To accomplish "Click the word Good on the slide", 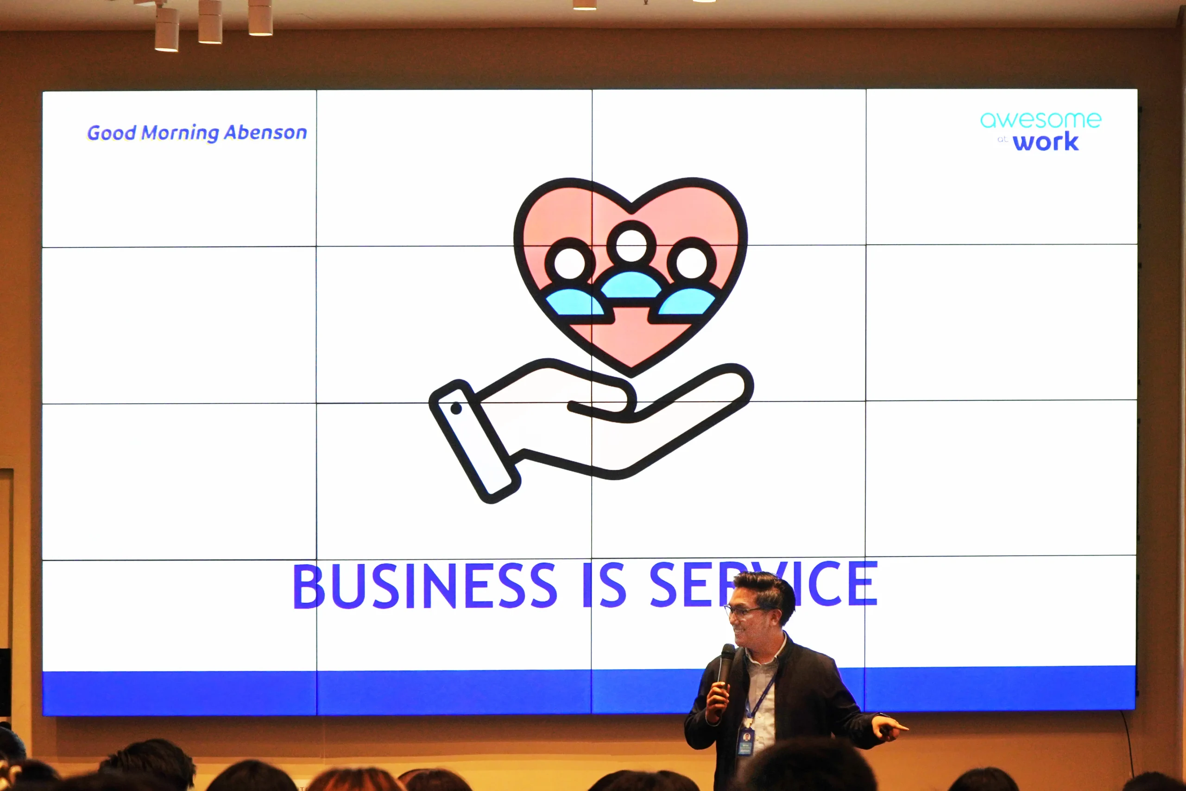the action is point(112,133).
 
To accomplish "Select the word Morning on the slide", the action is point(180,133).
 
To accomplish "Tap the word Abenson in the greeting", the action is point(265,132).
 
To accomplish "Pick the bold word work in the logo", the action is point(1046,142).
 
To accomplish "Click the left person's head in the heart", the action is point(570,263).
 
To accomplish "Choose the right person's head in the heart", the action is point(691,262).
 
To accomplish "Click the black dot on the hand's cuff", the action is point(456,408).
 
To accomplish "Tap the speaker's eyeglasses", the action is point(743,611).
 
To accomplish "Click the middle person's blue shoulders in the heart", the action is point(631,285).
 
